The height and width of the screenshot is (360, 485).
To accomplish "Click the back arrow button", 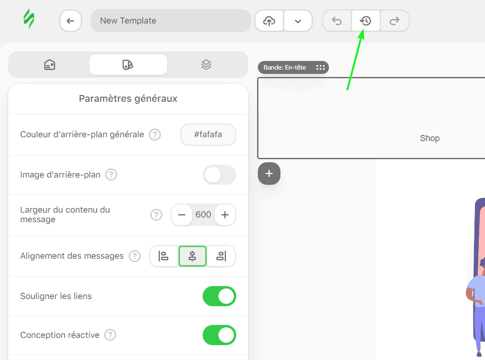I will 71,21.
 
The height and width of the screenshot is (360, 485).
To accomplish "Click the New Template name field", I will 170,21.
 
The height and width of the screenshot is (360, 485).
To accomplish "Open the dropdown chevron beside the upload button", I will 298,21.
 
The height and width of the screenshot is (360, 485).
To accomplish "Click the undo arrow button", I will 337,21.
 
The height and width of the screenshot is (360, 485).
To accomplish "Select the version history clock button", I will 366,21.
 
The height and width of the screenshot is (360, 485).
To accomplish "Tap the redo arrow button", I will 395,21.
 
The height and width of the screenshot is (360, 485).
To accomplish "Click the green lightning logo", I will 29,20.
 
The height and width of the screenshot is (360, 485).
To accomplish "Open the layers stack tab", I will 206,65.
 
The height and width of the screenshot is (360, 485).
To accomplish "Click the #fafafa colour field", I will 208,135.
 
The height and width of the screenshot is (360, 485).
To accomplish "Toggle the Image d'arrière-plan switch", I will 219,175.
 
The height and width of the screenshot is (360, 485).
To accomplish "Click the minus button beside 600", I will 182,215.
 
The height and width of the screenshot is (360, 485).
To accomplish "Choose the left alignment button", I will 164,256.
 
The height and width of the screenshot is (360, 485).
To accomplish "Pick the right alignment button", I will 221,256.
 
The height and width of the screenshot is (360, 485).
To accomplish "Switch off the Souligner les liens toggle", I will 219,296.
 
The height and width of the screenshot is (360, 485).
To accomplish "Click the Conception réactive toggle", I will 219,335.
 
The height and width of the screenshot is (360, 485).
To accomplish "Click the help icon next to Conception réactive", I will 110,335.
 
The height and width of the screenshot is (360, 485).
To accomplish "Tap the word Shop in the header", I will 430,138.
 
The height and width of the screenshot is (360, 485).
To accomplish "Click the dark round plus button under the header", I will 269,174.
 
